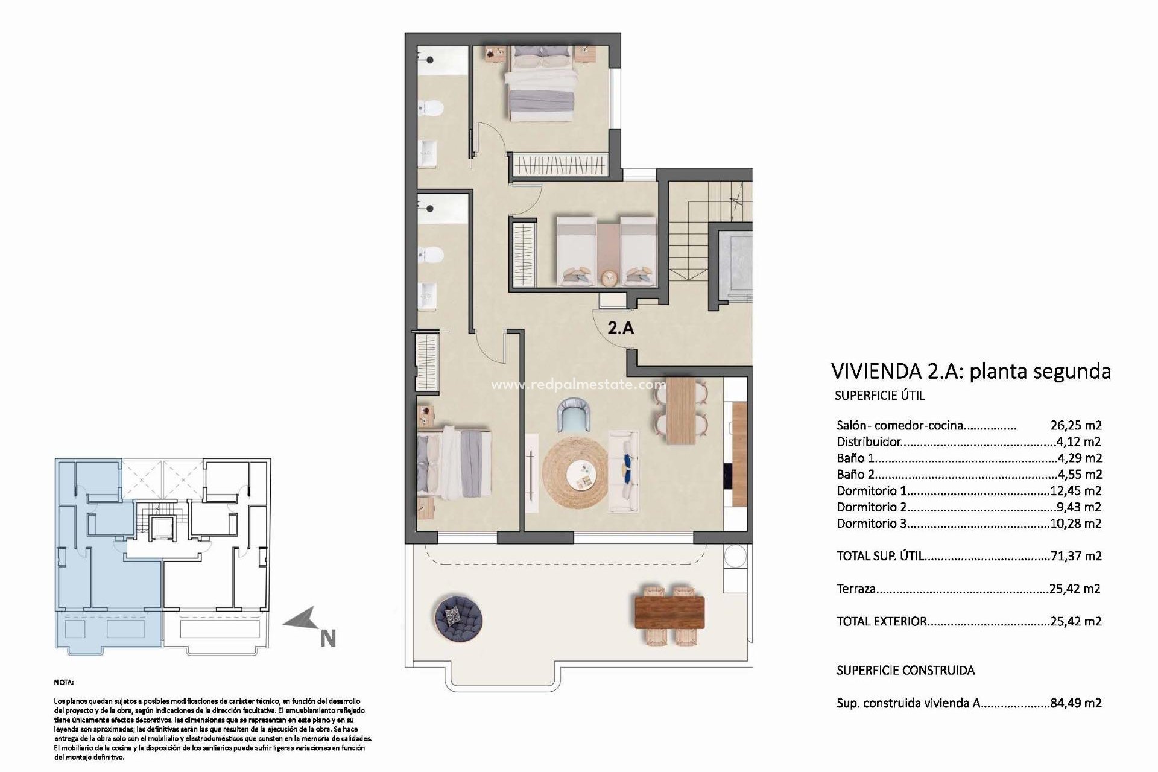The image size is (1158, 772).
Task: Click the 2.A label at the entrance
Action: (x=621, y=328)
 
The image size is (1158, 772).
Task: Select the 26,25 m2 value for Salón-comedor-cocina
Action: (x=1076, y=425)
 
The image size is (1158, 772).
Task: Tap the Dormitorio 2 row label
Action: (x=872, y=507)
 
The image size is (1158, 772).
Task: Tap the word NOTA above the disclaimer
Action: (x=63, y=683)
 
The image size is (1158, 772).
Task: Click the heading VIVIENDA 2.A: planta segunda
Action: (x=970, y=370)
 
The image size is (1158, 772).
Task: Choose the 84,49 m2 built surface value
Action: (x=1076, y=703)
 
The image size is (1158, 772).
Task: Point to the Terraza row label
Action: (x=856, y=589)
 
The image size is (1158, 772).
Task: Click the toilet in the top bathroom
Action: (x=432, y=108)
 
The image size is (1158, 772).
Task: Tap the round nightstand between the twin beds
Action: (x=608, y=277)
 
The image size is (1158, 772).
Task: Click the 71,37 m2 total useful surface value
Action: (x=1076, y=556)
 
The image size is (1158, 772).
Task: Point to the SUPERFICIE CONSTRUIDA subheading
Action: (x=905, y=670)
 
